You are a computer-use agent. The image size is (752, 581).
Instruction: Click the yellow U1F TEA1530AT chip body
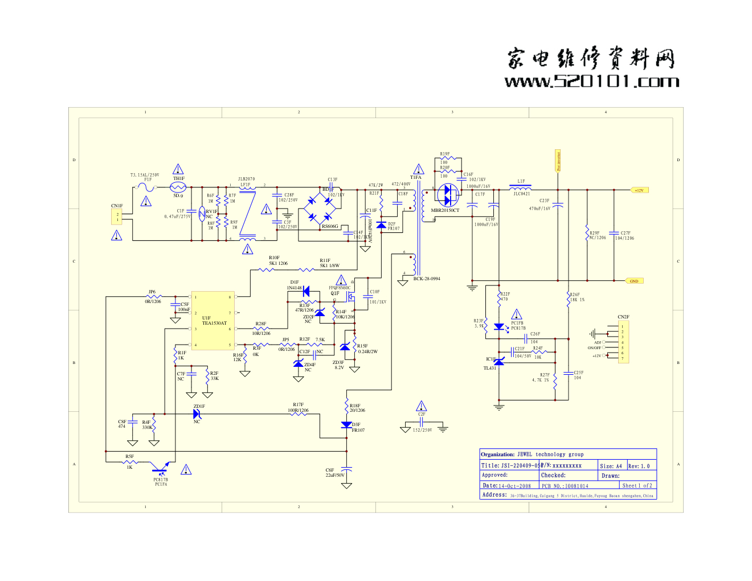coord(213,321)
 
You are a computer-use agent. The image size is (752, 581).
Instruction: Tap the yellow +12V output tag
coord(639,190)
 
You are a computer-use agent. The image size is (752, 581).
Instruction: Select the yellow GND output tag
coord(634,281)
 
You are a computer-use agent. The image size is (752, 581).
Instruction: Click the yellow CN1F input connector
coord(117,217)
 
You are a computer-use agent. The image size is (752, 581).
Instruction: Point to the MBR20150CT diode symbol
coord(448,195)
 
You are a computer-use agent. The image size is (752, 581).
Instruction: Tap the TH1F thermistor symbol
coord(178,187)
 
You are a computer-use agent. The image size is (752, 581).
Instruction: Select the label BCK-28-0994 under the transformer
coord(427,279)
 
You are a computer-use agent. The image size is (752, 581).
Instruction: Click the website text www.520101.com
coord(591,81)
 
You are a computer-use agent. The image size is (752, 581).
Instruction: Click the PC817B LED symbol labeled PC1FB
coord(499,327)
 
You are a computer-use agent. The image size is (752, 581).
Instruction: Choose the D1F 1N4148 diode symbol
coord(306,291)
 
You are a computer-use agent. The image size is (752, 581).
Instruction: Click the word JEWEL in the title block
coord(525,455)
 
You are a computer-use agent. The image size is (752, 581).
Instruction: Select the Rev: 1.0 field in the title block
coord(639,466)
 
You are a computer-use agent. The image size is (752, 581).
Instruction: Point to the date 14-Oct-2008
coord(514,486)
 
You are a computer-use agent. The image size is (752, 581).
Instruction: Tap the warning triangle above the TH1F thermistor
coord(178,169)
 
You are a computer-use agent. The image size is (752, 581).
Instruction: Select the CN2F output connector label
coord(623,317)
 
